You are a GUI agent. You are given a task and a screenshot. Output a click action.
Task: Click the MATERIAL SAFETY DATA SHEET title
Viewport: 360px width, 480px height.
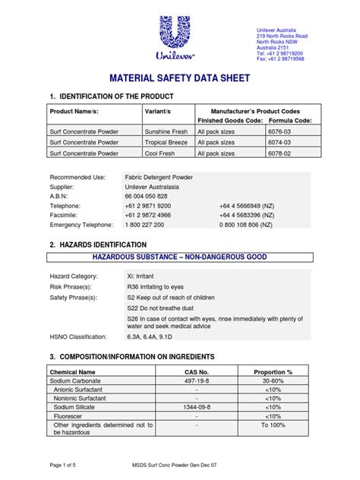click(179, 78)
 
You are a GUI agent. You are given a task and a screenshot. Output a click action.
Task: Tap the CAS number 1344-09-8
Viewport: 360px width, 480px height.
click(196, 407)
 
